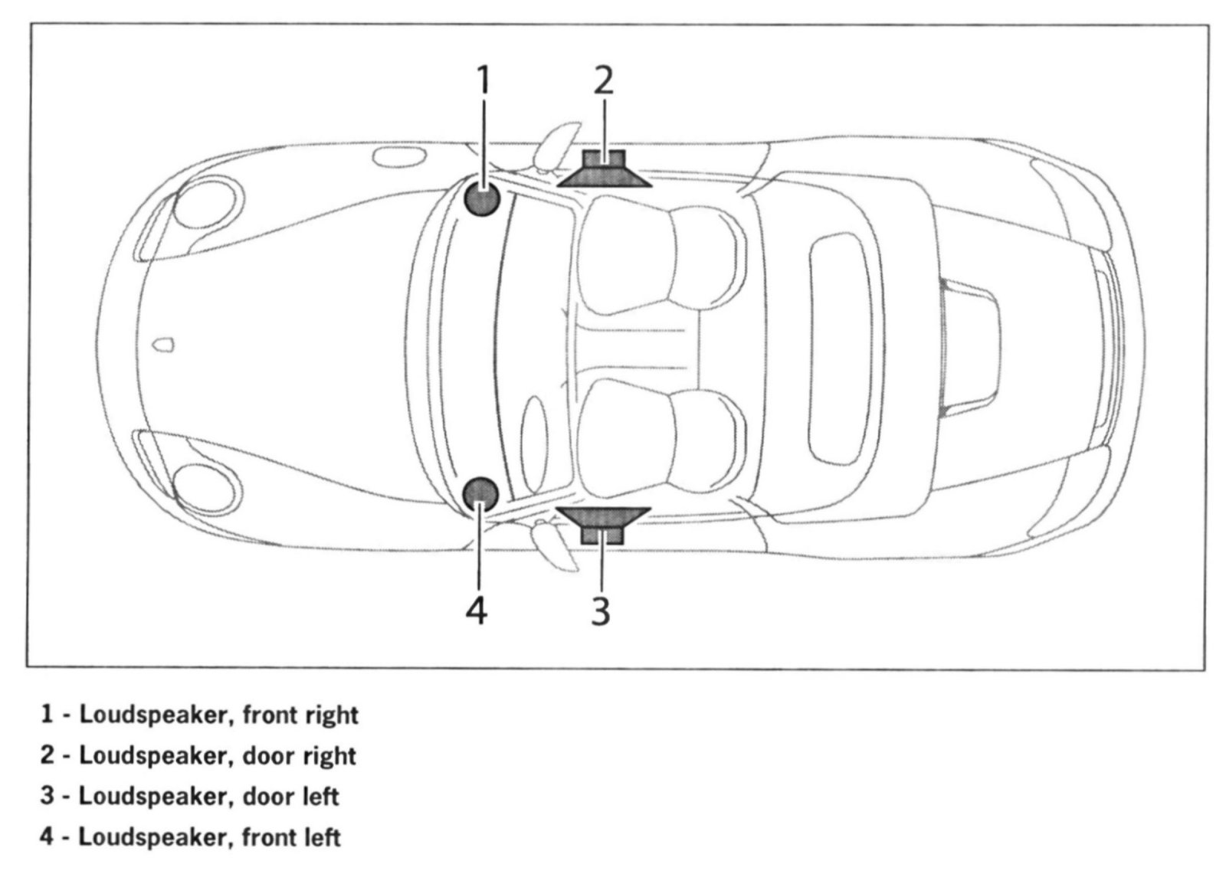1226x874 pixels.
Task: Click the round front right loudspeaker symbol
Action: pyautogui.click(x=482, y=199)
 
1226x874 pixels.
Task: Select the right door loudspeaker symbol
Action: pyautogui.click(x=605, y=169)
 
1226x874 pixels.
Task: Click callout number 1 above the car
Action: pyautogui.click(x=482, y=80)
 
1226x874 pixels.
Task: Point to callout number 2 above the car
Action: pyautogui.click(x=605, y=80)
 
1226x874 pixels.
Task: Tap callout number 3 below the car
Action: pyautogui.click(x=602, y=610)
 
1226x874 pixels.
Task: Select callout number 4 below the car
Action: pyautogui.click(x=477, y=610)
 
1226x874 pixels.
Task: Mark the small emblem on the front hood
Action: pyautogui.click(x=163, y=345)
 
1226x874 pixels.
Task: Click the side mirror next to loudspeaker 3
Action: pyautogui.click(x=558, y=545)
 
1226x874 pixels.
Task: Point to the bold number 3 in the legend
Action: pyautogui.click(x=48, y=796)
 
